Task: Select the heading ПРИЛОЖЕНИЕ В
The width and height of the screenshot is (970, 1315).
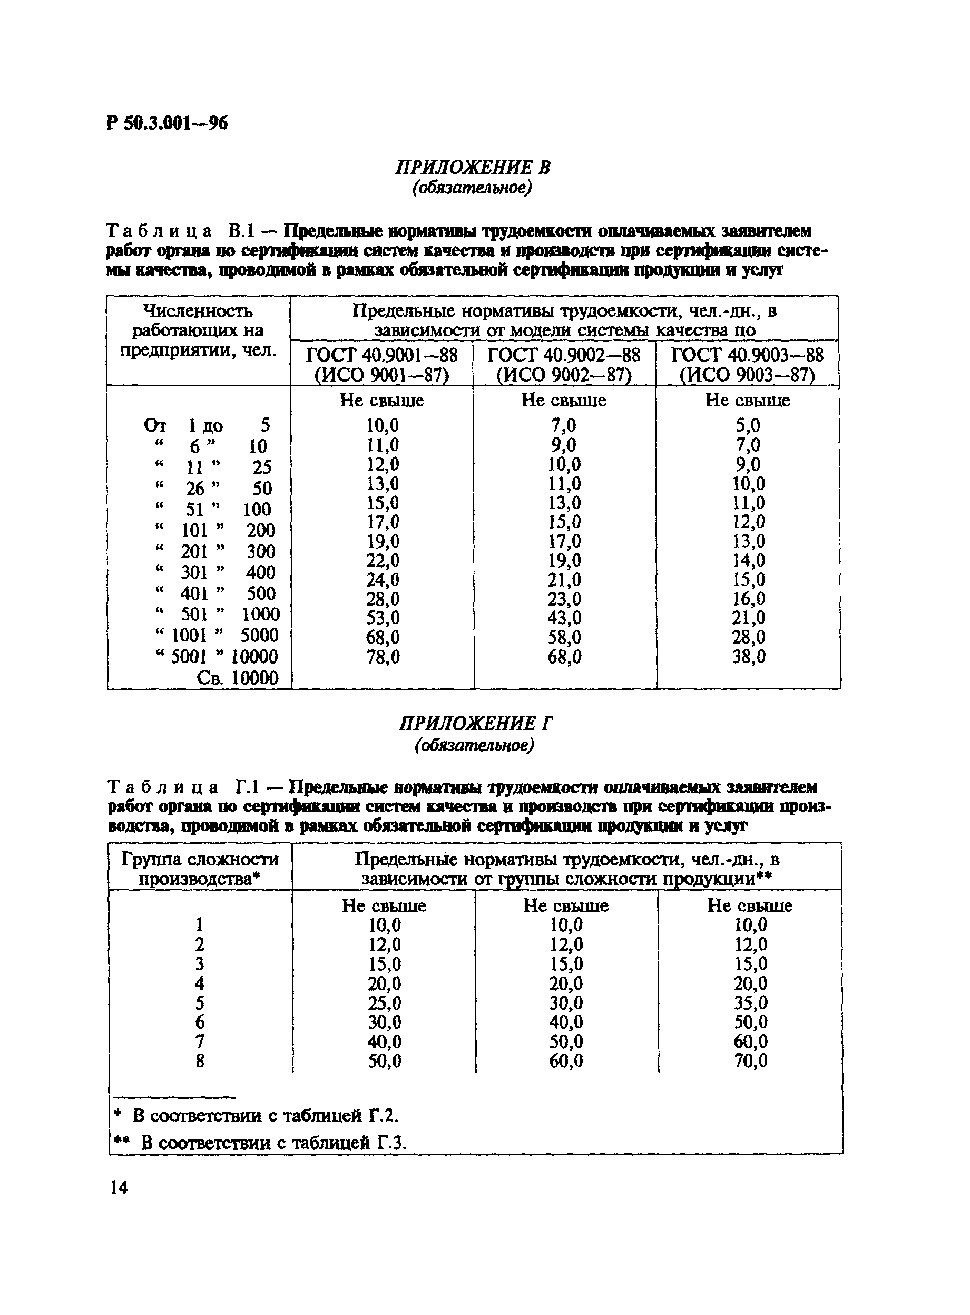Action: [x=473, y=168]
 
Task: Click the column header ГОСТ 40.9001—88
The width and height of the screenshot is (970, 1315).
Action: [x=381, y=355]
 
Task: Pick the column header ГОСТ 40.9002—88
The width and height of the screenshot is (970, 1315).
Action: [x=564, y=355]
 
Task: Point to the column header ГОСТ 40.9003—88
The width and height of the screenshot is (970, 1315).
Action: [x=747, y=355]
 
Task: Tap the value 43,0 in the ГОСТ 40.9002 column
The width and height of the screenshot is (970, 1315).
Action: [x=564, y=618]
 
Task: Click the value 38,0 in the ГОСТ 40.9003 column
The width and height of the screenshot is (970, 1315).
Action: [x=749, y=657]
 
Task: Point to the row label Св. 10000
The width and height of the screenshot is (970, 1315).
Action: [x=237, y=678]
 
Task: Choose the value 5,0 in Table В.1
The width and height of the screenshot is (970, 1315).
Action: [x=748, y=425]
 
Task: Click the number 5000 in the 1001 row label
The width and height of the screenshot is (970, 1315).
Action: [x=259, y=636]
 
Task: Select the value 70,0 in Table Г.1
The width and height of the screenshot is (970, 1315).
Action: [x=750, y=1060]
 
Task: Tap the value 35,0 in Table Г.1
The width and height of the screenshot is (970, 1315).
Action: [x=750, y=1002]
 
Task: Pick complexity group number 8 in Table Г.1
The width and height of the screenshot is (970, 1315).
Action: [x=200, y=1060]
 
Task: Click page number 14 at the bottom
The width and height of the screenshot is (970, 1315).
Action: [x=119, y=1188]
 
